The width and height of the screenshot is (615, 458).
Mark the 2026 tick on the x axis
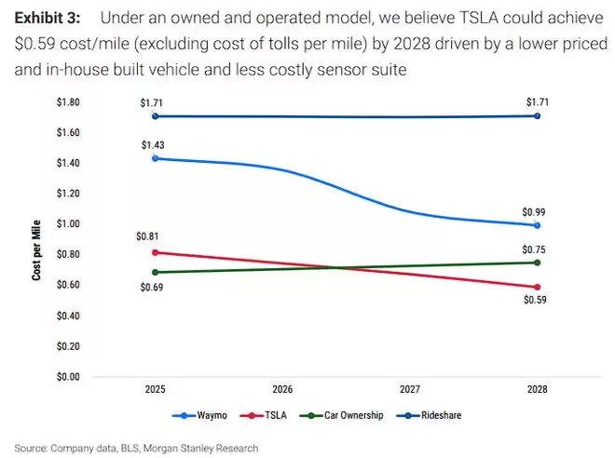[x=283, y=389]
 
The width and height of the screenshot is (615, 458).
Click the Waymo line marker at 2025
[x=155, y=158]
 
